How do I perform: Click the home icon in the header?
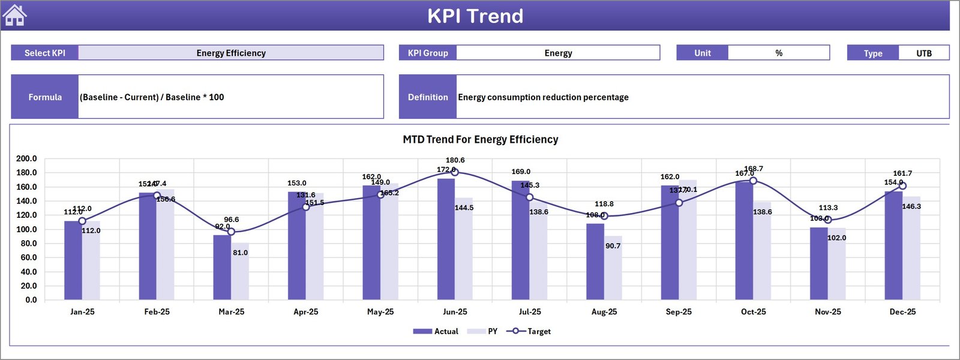(14, 15)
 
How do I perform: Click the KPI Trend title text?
(475, 16)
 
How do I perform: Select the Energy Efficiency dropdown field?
(231, 53)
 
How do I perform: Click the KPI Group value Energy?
(558, 53)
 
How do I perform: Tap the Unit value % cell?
(778, 53)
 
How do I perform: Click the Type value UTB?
(923, 53)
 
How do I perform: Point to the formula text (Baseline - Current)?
(152, 97)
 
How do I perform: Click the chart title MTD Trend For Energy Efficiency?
(480, 139)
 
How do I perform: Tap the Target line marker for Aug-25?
(604, 216)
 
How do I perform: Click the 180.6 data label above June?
(455, 160)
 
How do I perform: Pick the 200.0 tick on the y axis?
(26, 158)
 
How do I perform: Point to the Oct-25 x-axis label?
(753, 312)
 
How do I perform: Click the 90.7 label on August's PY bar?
(613, 246)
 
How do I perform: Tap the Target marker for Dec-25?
(902, 186)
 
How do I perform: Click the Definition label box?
(428, 97)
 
